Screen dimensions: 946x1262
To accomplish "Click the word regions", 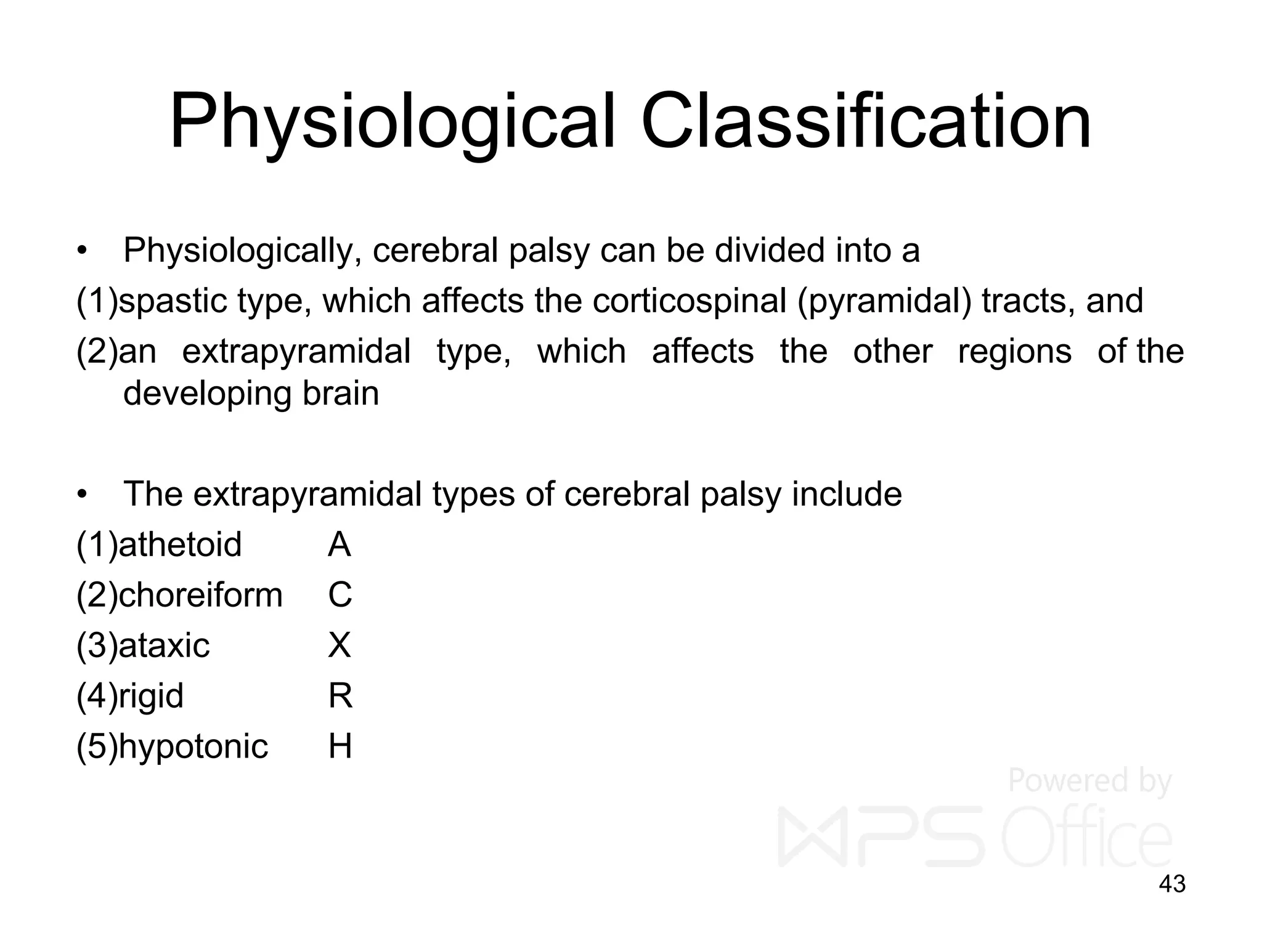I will (x=1015, y=352).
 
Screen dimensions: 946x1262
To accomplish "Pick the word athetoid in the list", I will (x=179, y=544).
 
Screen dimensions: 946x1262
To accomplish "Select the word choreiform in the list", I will (x=200, y=595).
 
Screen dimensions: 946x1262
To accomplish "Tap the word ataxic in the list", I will (x=163, y=645).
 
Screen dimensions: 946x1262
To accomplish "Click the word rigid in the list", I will (x=150, y=696).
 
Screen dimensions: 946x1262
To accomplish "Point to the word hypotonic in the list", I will (x=193, y=746).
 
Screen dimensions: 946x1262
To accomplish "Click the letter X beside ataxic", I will (x=340, y=645).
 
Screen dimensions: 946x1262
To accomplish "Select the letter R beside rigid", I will (x=340, y=696).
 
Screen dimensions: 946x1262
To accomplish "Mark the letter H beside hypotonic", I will (x=340, y=746).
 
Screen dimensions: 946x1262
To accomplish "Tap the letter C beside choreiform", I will (x=340, y=595).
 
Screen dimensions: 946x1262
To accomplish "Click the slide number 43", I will (x=1172, y=884).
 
